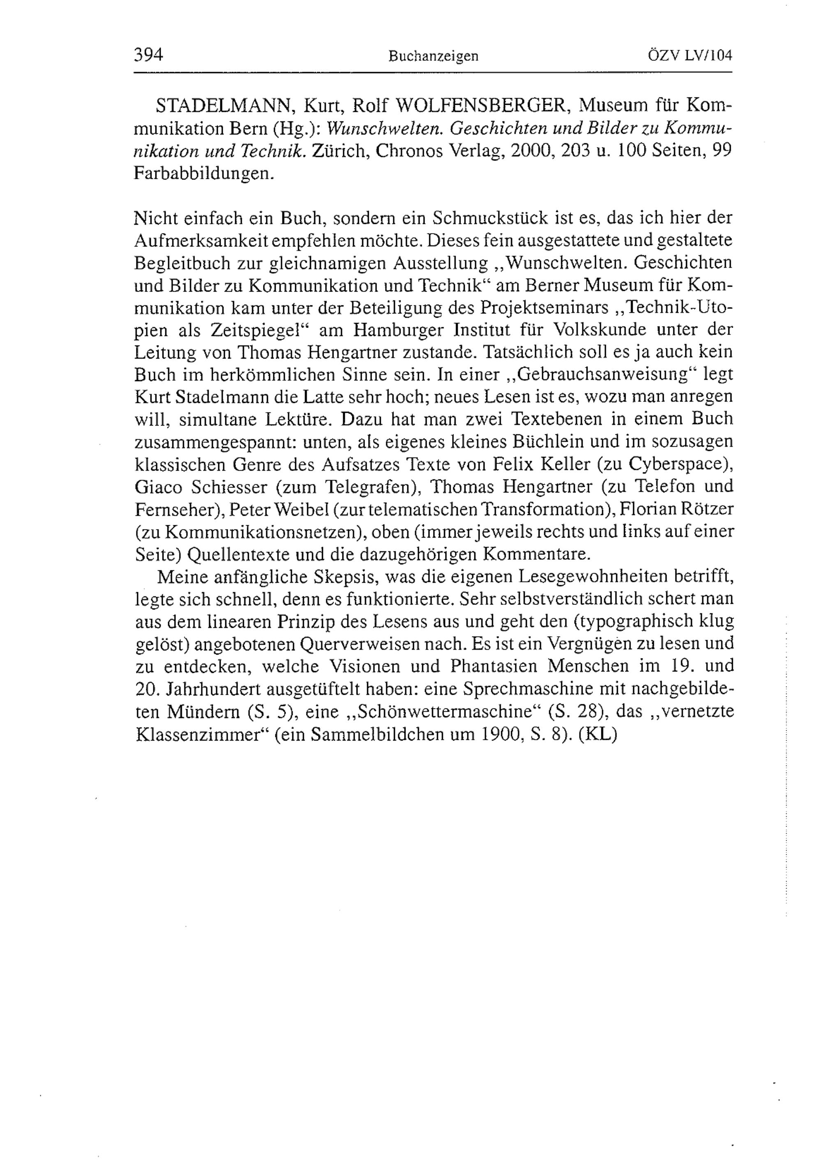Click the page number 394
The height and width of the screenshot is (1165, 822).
coord(148,54)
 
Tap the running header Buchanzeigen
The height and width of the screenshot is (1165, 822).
coord(433,56)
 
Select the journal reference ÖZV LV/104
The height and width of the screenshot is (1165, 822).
coord(690,55)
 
